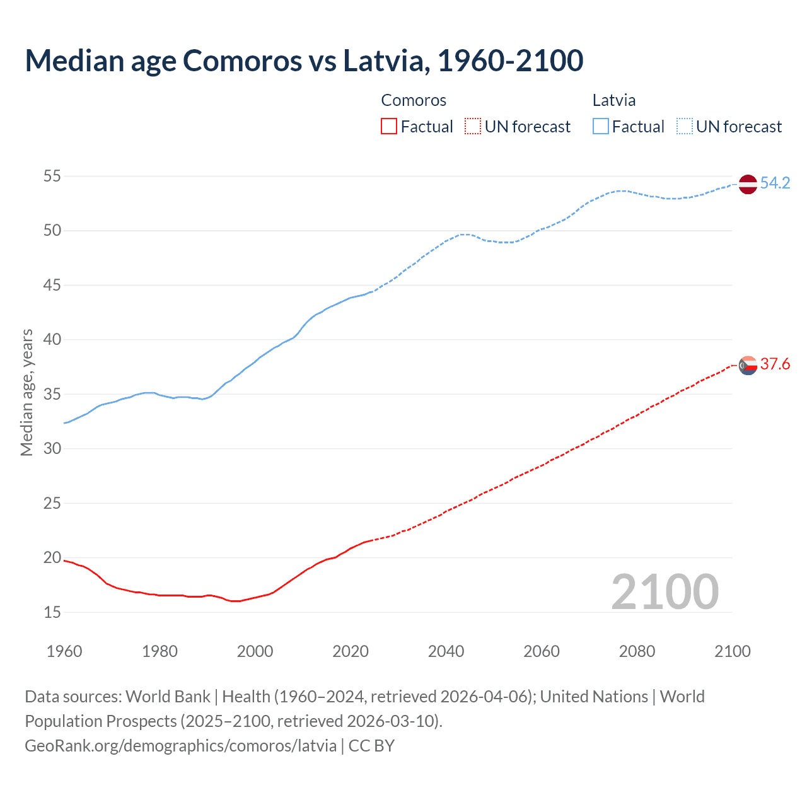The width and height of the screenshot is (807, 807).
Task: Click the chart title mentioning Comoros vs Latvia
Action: coord(304,61)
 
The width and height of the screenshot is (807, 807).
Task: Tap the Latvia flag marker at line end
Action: coord(747,183)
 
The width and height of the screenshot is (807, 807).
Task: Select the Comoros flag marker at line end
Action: coord(747,365)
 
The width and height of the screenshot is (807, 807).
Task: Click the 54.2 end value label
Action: coord(775,183)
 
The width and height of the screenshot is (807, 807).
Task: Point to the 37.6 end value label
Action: coord(775,364)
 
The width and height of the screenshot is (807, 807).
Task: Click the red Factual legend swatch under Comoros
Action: coord(389,127)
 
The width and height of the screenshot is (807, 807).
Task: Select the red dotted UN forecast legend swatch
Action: coord(473,127)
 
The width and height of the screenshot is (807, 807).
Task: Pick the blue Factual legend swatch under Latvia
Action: coord(600,127)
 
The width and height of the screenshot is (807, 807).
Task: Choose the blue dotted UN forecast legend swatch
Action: coord(684,127)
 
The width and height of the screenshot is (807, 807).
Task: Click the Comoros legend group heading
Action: coord(414,100)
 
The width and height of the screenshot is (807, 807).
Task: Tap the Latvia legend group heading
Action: coord(613,100)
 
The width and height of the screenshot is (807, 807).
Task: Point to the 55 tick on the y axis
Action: coord(52,177)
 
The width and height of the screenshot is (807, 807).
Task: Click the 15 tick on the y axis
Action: coord(52,612)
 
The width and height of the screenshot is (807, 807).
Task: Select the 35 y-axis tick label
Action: coord(52,395)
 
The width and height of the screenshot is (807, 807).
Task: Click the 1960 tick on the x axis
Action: coord(64,651)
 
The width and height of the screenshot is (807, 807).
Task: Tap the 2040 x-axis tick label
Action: coord(446,651)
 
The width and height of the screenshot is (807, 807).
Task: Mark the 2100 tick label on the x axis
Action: coord(732,651)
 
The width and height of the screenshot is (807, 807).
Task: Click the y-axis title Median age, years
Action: coord(26,392)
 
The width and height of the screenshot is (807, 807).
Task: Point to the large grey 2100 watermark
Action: coord(665,591)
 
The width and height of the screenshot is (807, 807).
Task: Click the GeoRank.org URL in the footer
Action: coord(180,746)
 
